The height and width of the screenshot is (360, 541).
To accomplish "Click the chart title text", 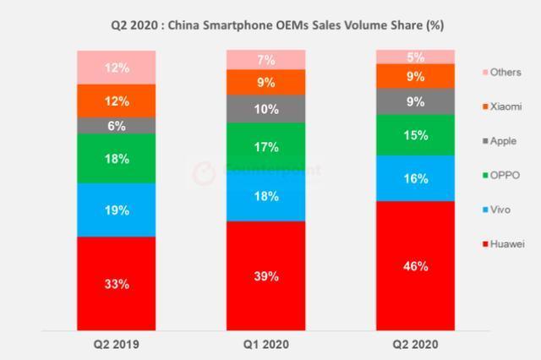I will pyautogui.click(x=270, y=25).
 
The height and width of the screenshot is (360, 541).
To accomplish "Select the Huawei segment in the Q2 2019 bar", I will pyautogui.click(x=117, y=283).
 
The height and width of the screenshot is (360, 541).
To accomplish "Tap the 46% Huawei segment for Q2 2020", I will pyautogui.click(x=415, y=265).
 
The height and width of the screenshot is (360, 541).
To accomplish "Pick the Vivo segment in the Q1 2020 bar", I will pyautogui.click(x=265, y=197).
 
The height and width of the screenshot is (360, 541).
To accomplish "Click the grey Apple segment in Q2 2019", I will pyautogui.click(x=117, y=125).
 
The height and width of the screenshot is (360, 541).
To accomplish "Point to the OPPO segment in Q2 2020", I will pyautogui.click(x=415, y=134).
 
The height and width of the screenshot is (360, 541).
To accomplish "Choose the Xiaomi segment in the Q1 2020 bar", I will pyautogui.click(x=265, y=82).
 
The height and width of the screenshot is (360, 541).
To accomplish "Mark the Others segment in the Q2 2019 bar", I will pyautogui.click(x=117, y=67).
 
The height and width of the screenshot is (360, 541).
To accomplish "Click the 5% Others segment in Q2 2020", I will pyautogui.click(x=415, y=57).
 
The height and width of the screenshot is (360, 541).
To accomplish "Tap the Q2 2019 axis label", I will pyautogui.click(x=117, y=346).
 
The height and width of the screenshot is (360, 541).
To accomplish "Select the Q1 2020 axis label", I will pyautogui.click(x=265, y=346).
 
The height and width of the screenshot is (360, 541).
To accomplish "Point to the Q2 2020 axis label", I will pyautogui.click(x=415, y=346).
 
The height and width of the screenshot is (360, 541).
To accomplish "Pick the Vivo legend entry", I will pyautogui.click(x=498, y=210).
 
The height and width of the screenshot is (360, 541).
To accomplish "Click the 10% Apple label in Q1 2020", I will pyautogui.click(x=265, y=109).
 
